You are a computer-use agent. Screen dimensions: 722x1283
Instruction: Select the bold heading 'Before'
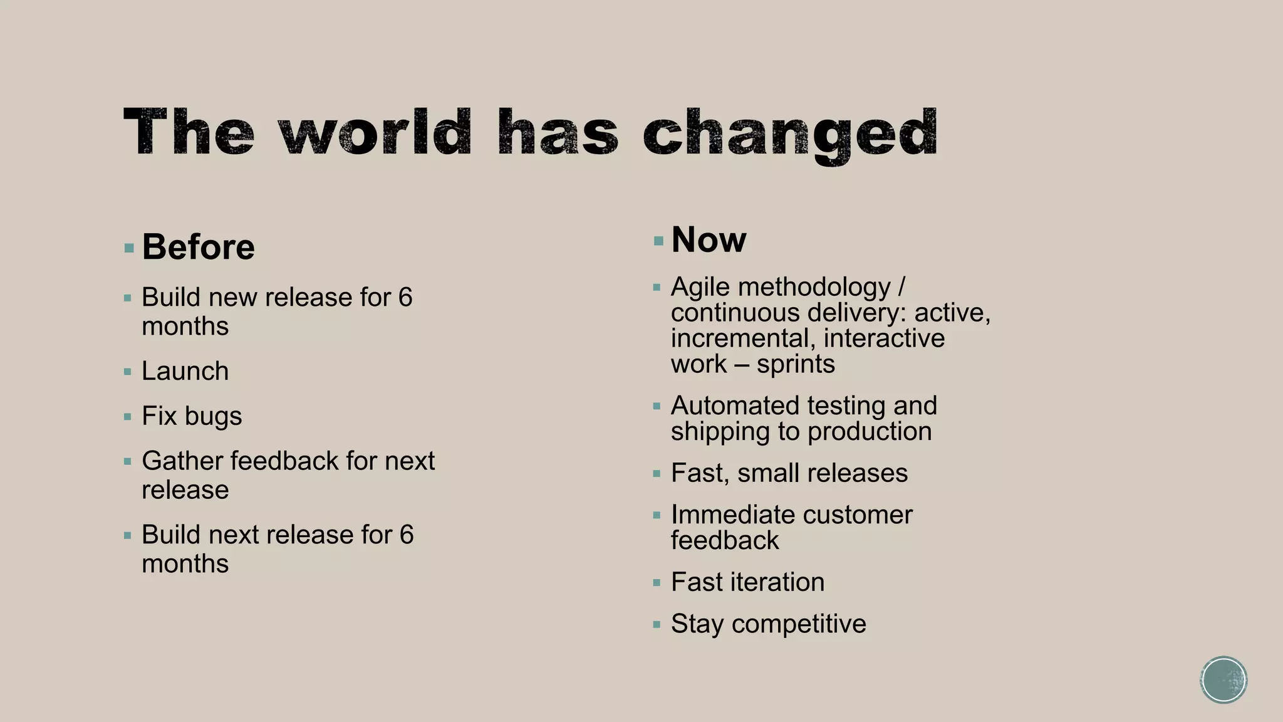click(x=198, y=247)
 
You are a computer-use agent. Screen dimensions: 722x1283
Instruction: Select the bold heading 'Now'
click(x=709, y=239)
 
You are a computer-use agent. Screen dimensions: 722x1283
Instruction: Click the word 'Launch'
click(x=185, y=371)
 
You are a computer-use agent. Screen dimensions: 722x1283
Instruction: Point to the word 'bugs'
click(x=213, y=417)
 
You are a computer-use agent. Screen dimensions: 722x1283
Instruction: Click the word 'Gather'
click(x=182, y=461)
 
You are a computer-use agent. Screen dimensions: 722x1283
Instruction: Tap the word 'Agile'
click(x=700, y=288)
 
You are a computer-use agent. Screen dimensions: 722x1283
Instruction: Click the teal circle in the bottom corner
click(x=1223, y=680)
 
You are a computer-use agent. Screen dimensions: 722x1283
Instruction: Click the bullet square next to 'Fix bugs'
click(x=128, y=417)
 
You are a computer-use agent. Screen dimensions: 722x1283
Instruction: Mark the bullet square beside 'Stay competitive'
click(x=657, y=625)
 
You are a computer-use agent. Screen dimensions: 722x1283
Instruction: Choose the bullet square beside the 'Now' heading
click(x=658, y=241)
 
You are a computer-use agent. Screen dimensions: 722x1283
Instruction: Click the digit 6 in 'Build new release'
click(x=405, y=298)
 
